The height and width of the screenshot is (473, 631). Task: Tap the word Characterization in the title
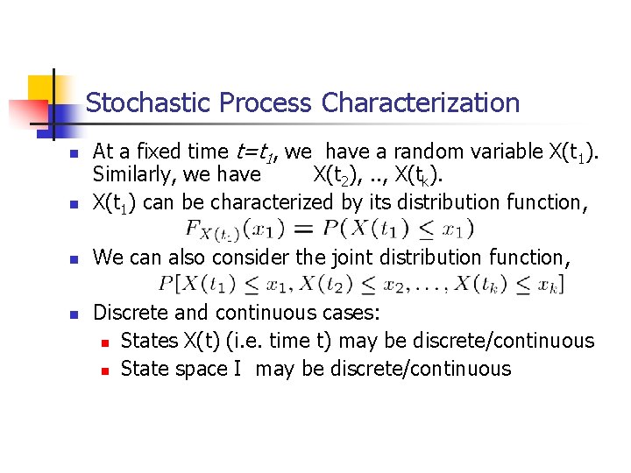tap(421, 103)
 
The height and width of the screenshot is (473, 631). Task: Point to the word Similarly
tap(132, 175)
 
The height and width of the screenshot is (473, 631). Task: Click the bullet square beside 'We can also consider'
tap(75, 259)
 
